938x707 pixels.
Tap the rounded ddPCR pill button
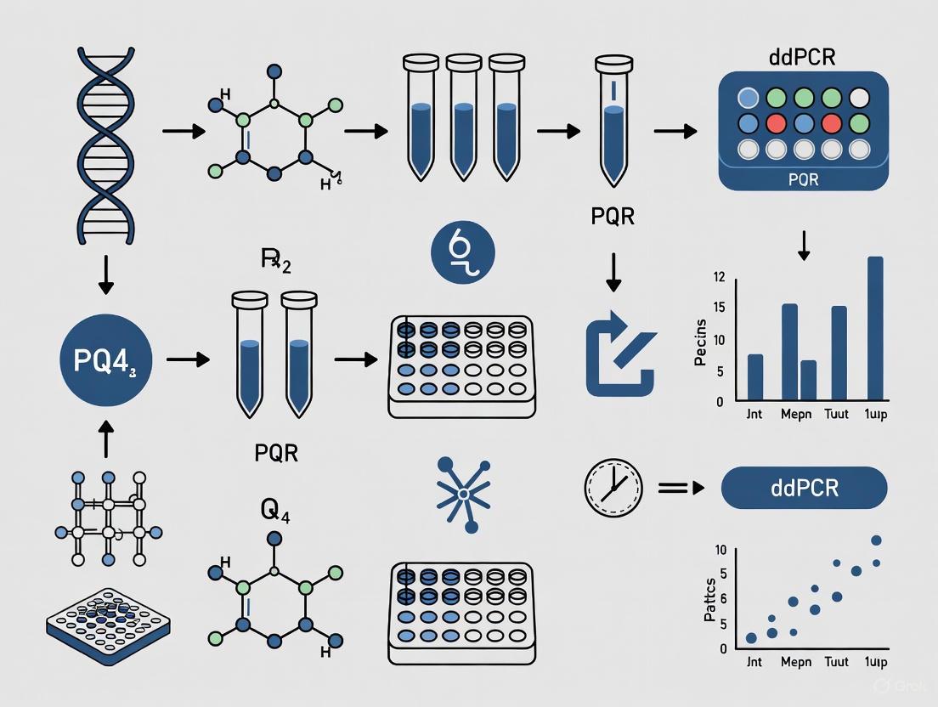coord(804,489)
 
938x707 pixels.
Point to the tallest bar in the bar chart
coord(874,328)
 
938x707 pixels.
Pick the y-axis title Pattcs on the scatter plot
coord(711,598)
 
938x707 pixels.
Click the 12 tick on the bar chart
coord(720,277)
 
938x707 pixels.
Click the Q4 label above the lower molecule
coord(274,512)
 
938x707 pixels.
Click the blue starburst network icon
coord(464,493)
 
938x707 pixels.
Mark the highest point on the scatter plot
coord(877,540)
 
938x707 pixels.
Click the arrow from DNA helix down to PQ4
coord(106,274)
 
